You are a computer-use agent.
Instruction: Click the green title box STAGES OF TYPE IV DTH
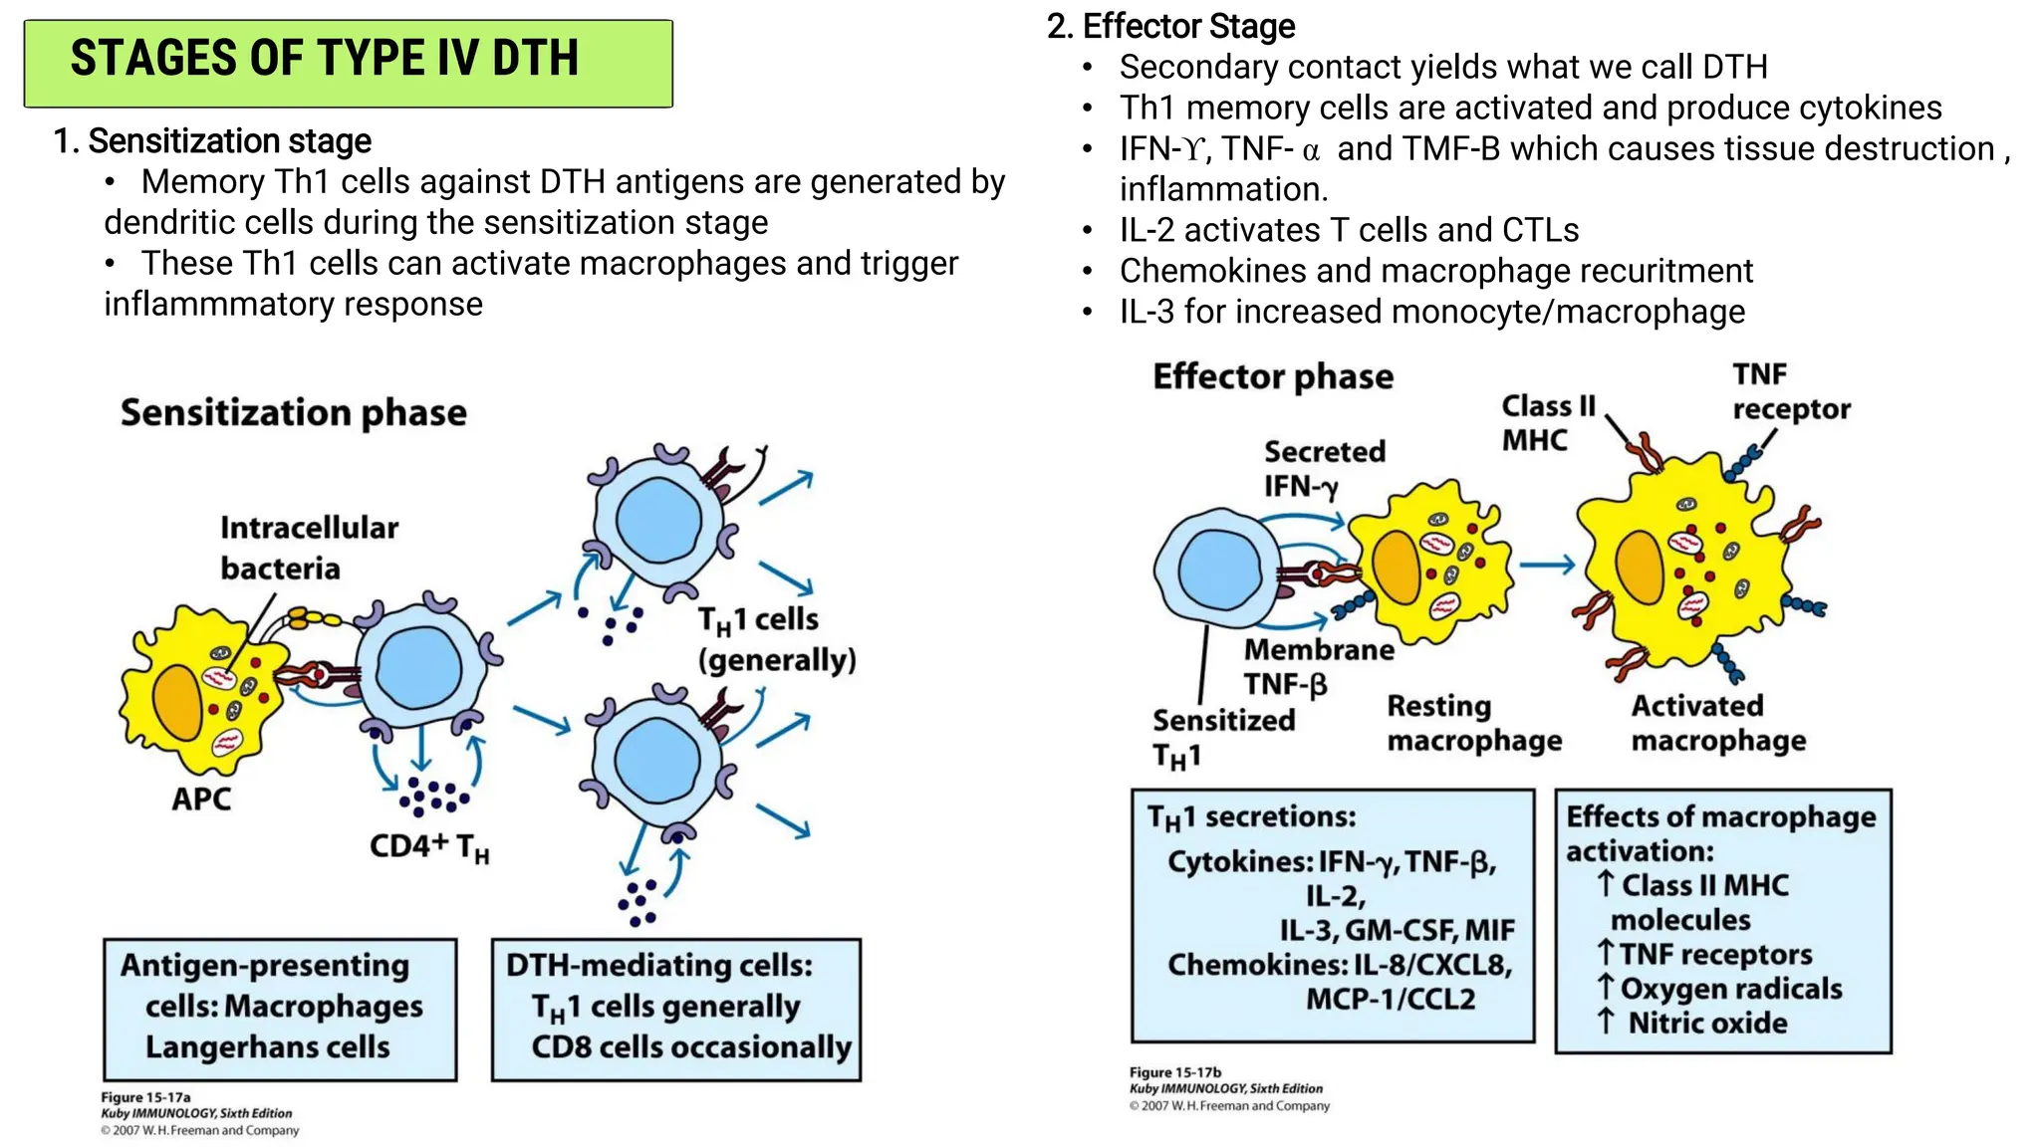pos(348,62)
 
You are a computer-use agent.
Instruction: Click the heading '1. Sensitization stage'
pos(212,141)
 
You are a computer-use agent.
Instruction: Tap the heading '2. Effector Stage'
pos(1170,26)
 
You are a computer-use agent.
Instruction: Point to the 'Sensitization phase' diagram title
pos(294,413)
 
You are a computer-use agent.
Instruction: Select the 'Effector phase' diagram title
pos(1273,377)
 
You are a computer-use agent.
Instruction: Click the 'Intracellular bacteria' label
pos(308,548)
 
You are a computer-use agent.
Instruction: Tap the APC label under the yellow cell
pos(201,799)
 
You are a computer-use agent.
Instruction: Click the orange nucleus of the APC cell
pos(178,701)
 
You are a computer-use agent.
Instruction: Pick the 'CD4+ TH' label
pos(428,847)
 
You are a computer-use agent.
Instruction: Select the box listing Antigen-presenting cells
pos(280,1009)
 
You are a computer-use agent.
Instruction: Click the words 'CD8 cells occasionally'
pos(691,1047)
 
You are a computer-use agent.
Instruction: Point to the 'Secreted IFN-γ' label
pos(1324,469)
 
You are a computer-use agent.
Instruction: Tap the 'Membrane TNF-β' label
pos(1318,667)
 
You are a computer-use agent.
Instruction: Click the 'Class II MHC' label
pos(1547,423)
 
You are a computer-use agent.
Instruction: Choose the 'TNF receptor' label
pos(1789,392)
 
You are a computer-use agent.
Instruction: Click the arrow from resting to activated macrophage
pos(1547,566)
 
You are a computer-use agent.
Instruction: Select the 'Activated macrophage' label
pos(1717,723)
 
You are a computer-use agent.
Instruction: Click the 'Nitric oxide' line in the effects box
pos(1706,1024)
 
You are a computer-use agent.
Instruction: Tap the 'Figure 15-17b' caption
pos(1174,1072)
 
